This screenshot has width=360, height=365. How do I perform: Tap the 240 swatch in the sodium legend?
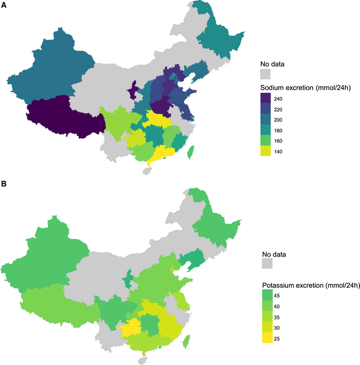pyautogui.click(x=266, y=98)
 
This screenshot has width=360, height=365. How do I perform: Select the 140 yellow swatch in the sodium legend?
pyautogui.click(x=266, y=151)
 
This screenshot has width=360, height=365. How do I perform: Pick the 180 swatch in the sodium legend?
pyautogui.click(x=266, y=130)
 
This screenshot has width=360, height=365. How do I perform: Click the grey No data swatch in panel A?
pyautogui.click(x=266, y=74)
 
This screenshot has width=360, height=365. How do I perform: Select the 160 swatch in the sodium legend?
pyautogui.click(x=266, y=140)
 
